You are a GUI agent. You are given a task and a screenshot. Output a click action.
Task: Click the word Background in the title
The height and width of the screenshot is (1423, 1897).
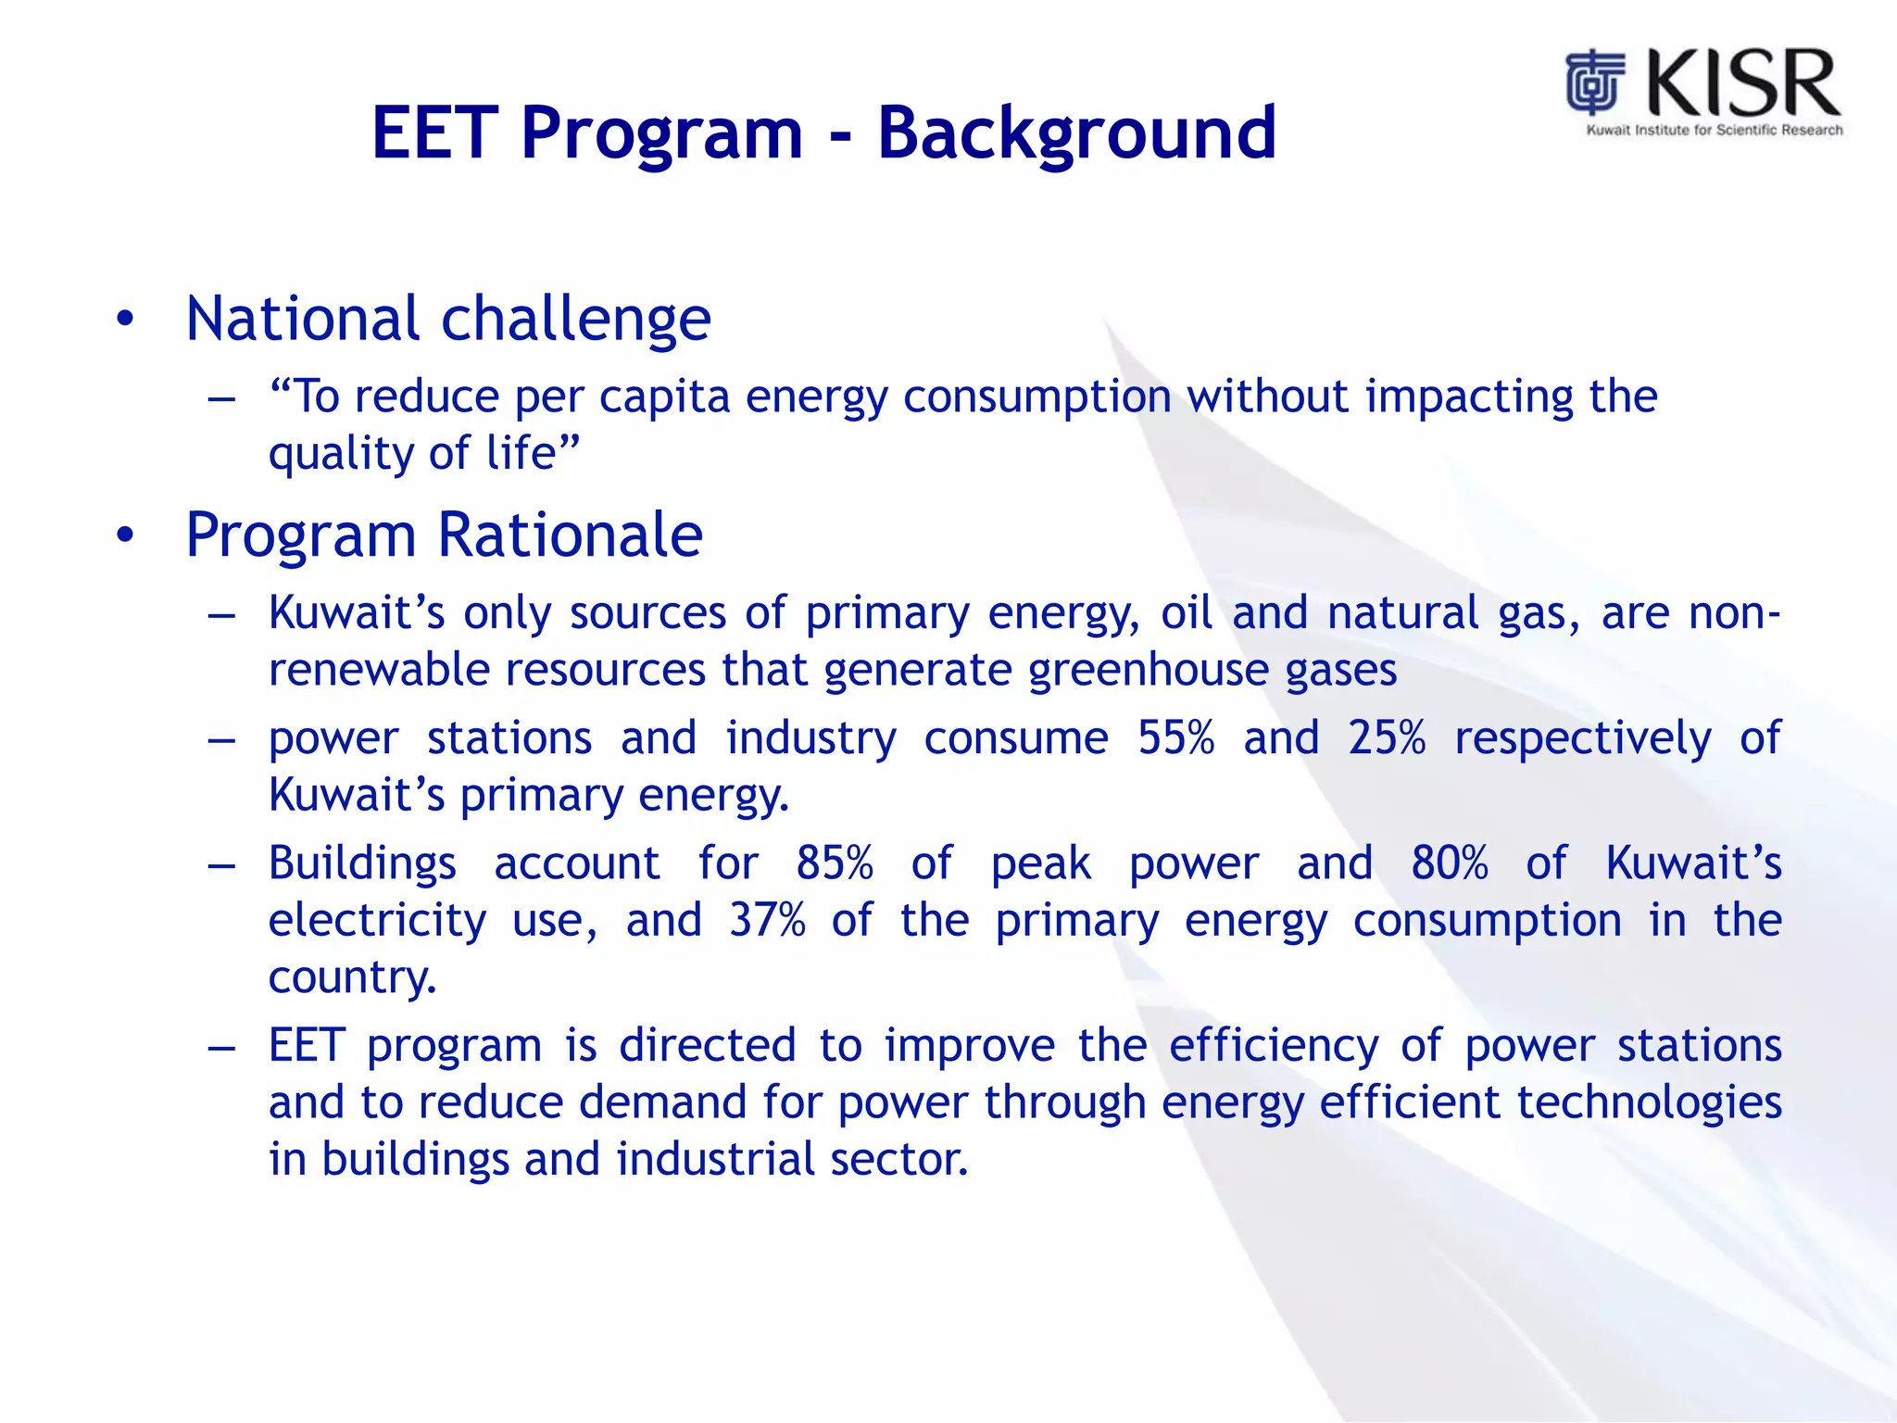coord(1076,134)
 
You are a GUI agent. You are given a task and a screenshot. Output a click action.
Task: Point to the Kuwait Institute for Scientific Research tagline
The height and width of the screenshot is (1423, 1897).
coord(1715,131)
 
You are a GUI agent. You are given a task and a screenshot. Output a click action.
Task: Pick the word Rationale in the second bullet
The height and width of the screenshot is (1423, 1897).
coord(570,535)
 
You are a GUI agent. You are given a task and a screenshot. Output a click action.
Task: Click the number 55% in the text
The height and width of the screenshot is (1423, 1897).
coord(1175,738)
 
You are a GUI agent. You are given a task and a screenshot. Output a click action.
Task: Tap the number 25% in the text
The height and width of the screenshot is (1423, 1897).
coord(1386,738)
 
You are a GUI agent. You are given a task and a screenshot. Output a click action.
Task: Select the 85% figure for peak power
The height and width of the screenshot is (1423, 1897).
coord(834,863)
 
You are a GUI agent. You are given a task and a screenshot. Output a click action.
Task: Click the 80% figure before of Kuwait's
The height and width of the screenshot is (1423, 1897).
coord(1449,863)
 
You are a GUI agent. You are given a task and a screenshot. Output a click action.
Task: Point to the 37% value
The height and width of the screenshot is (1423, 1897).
coord(767,921)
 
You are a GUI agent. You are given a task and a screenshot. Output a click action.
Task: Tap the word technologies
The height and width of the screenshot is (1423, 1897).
coord(1649,1103)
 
